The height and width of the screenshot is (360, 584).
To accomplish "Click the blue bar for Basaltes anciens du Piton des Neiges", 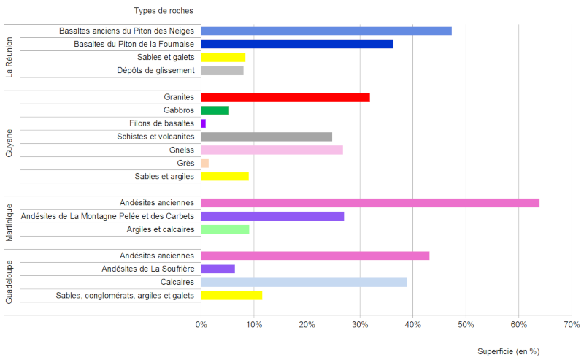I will pos(326,31).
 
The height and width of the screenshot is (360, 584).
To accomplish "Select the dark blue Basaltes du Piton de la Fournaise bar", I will pos(296,44).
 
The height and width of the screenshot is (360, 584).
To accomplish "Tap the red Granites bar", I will pos(285,97).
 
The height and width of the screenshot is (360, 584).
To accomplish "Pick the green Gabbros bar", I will pos(215,110).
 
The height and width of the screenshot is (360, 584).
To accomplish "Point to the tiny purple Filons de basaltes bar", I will pos(203,123).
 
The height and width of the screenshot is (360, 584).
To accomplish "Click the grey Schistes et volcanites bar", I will pos(266,137).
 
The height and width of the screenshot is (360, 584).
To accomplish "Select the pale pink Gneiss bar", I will pos(272,150).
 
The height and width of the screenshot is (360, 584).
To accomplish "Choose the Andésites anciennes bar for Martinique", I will pos(369,203).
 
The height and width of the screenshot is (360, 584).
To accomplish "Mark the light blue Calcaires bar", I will pos(304,282).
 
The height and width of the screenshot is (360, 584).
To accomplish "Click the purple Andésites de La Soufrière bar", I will pos(218,269).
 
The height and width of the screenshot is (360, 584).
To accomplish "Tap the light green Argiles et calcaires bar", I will pos(225,229).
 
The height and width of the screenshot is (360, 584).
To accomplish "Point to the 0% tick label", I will pos(201,324).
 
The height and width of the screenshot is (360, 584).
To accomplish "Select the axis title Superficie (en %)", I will pos(508,351).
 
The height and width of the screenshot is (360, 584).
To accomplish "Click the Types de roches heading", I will pos(164,11).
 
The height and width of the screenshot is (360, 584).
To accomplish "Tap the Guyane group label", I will pos(9,143).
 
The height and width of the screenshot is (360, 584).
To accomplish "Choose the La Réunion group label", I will pos(9,57).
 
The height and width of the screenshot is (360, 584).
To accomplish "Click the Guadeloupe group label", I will pos(9,281).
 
